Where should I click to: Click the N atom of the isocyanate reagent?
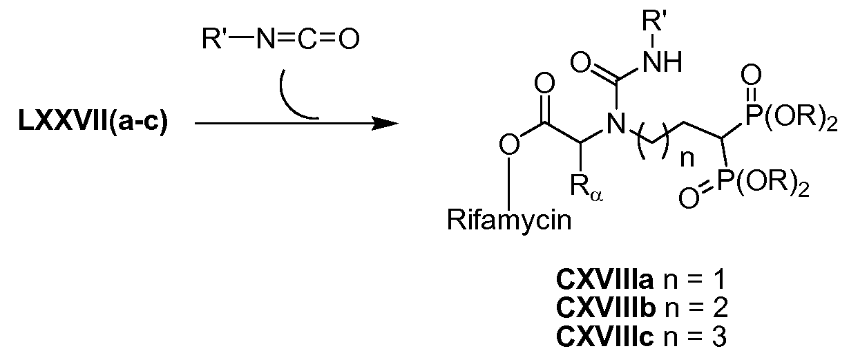[266, 38]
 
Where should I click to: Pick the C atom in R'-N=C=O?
[308, 38]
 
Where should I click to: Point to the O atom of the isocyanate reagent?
[349, 38]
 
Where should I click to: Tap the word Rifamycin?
[509, 221]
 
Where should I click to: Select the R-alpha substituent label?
[586, 188]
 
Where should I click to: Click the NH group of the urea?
[662, 61]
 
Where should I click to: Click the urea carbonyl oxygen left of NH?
[581, 63]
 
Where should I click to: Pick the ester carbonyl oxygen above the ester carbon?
[544, 84]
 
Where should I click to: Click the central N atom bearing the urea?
[616, 124]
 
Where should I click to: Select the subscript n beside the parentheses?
[687, 158]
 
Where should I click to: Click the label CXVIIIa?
[605, 280]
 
